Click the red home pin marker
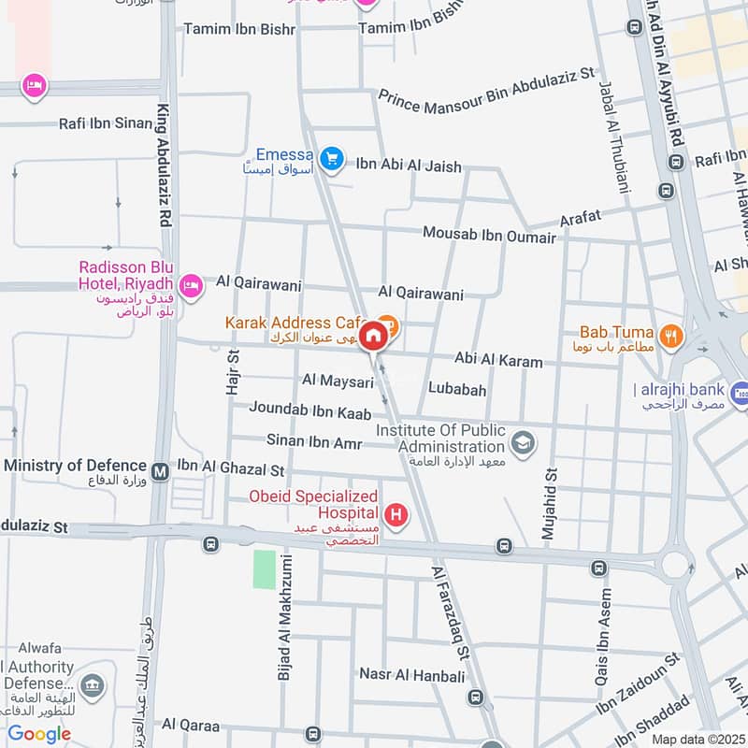tap(373, 336)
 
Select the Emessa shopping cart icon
tap(330, 160)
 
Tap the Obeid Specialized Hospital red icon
tap(397, 515)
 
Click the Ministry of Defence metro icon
tap(161, 471)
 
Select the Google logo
tap(39, 734)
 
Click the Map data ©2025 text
tap(698, 739)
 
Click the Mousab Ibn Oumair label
tap(489, 234)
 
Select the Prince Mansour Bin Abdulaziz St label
tap(486, 85)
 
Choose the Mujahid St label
tap(550, 505)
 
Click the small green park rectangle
tap(265, 569)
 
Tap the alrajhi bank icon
tap(740, 392)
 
